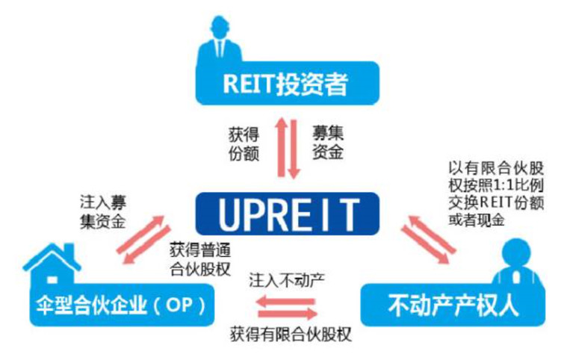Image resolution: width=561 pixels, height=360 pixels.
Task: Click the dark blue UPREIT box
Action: coord(288,214)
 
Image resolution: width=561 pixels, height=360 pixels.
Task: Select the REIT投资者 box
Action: coord(288,83)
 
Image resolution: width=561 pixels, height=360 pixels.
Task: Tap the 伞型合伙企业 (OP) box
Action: coord(122,305)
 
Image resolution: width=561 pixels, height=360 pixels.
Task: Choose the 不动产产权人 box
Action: coord(453,305)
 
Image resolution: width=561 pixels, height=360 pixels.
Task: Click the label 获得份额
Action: coord(244,144)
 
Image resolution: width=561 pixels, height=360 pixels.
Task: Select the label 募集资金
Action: coord(328,142)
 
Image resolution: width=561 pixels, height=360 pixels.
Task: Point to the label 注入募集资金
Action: coord(103,212)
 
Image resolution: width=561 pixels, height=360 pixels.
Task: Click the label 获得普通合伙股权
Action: coord(200,259)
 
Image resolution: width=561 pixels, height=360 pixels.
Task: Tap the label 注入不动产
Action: coord(287,280)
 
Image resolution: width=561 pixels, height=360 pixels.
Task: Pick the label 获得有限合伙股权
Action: coord(291,335)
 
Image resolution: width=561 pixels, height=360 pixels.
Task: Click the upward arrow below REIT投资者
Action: coord(281,147)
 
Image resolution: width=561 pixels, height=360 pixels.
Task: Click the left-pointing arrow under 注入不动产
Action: coord(285,301)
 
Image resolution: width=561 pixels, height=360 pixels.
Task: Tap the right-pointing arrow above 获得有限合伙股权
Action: coord(288,314)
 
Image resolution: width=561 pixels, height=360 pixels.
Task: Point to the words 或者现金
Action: coord(477,220)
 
